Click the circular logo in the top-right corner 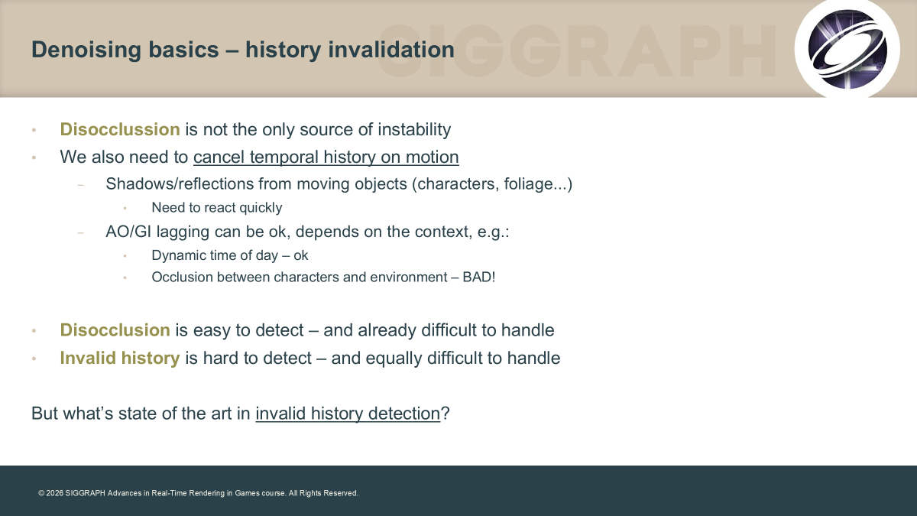[x=847, y=49]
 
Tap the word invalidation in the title [x=391, y=50]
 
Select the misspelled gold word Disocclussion [x=120, y=129]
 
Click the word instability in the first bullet [x=414, y=129]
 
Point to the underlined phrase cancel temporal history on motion [x=326, y=157]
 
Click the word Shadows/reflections [x=180, y=184]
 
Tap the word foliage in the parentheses [x=529, y=184]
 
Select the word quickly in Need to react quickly [x=261, y=208]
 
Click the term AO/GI [x=128, y=232]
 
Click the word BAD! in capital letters [x=479, y=277]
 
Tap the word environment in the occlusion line [x=409, y=277]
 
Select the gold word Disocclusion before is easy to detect [x=115, y=330]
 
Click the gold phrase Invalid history [x=120, y=358]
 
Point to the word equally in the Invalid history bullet [x=394, y=359]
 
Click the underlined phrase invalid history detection [x=348, y=414]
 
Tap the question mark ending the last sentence [x=446, y=414]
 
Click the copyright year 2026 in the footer [x=55, y=493]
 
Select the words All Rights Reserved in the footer [x=323, y=493]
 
